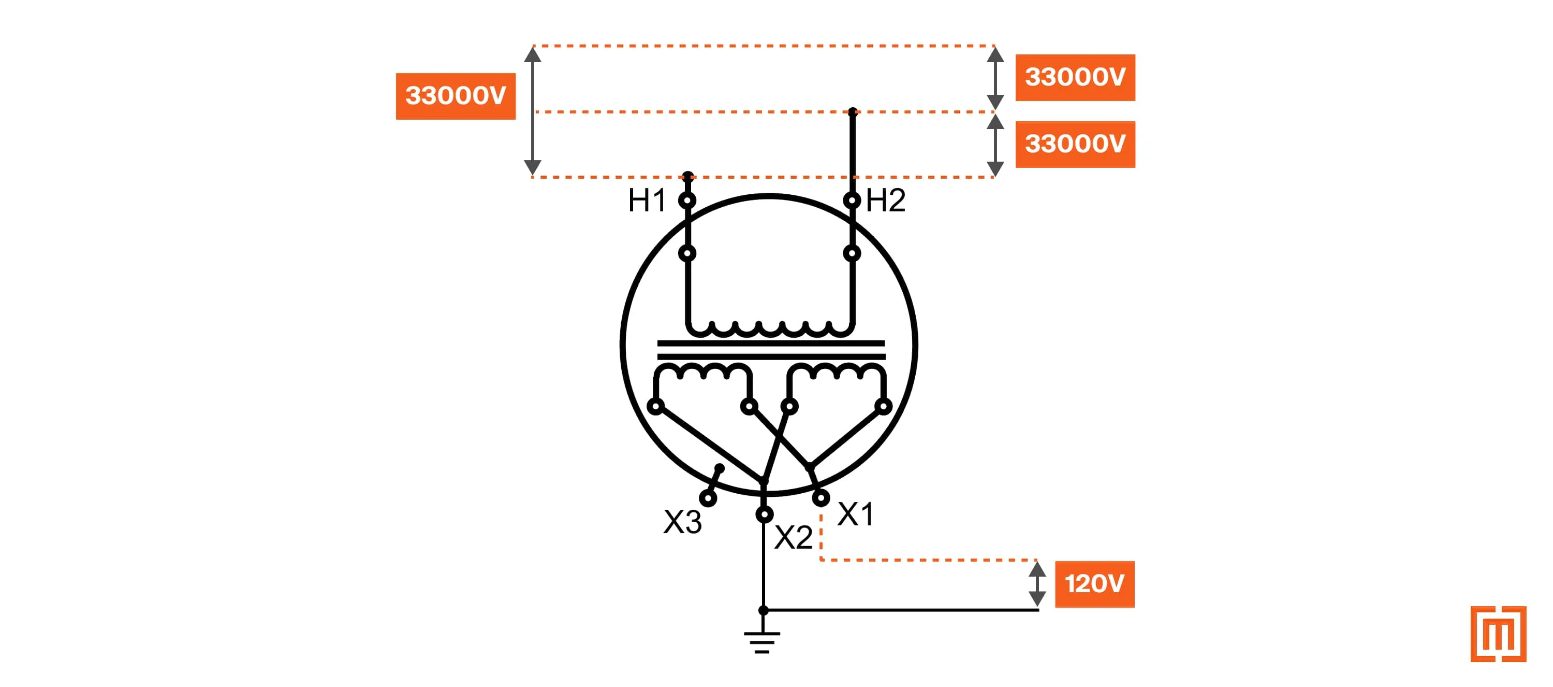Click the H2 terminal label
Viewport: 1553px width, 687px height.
click(x=885, y=201)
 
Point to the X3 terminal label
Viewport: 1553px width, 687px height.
click(x=682, y=522)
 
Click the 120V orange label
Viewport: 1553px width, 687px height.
click(x=1094, y=584)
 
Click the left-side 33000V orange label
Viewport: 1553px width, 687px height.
click(x=455, y=96)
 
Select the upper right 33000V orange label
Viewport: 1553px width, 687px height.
click(x=1075, y=77)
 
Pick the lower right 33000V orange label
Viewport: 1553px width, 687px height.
click(x=1075, y=144)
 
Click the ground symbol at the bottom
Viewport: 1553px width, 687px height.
click(x=762, y=642)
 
